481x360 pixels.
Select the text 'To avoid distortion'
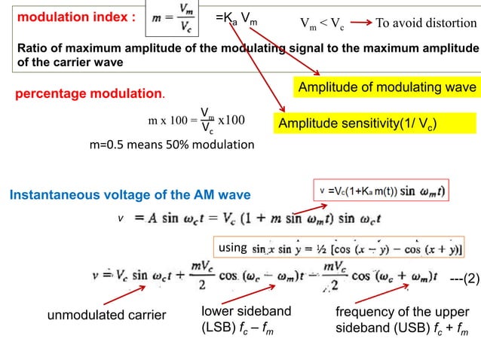click(427, 23)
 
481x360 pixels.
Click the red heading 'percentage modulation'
click(90, 96)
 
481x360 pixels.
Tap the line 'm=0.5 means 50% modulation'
click(172, 144)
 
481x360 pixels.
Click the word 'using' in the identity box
click(231, 247)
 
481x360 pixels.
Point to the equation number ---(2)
click(459, 279)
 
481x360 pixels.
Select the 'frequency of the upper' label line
click(402, 312)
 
